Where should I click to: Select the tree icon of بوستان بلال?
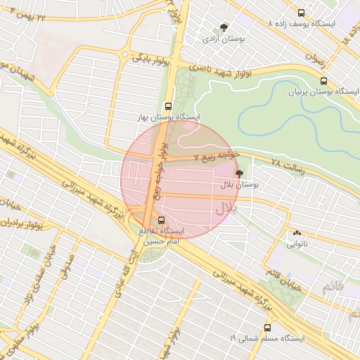[239, 173]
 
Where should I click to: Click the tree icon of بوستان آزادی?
[224, 27]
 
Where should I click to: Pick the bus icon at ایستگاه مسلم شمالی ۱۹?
[267, 327]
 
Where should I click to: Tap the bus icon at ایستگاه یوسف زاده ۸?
[302, 13]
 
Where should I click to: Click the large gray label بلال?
[226, 207]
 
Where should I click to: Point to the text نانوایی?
[296, 245]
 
